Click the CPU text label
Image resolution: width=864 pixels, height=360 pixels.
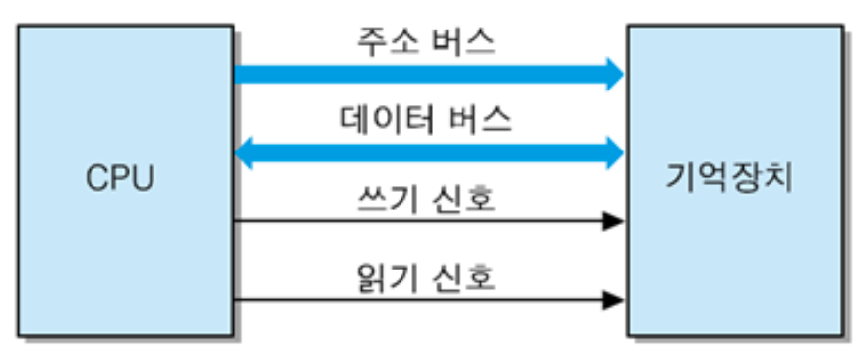coord(120,180)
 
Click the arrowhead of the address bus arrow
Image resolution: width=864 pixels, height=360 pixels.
coord(614,74)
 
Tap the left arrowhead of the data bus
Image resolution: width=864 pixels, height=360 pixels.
coord(246,151)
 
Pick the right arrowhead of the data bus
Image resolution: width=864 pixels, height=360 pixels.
coord(614,151)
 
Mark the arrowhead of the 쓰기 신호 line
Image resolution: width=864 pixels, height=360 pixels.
coord(613,222)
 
